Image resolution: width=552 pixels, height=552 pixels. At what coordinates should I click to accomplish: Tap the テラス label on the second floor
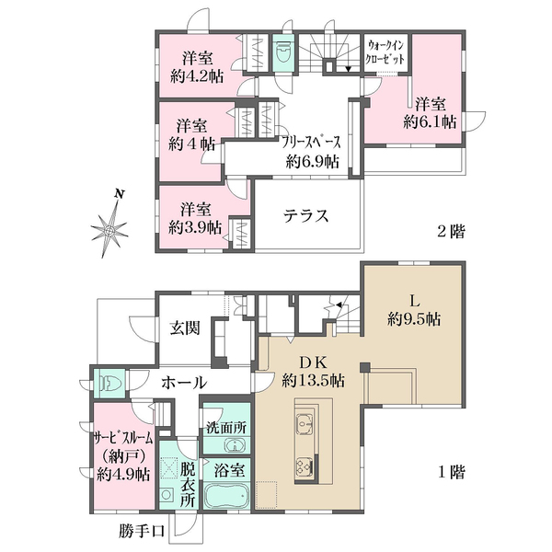(x=306, y=215)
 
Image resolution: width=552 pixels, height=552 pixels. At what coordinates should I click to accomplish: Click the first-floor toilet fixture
(x=110, y=383)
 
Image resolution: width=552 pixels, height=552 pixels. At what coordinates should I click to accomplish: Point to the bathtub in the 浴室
(x=226, y=494)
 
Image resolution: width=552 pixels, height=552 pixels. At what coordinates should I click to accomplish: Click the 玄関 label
(x=185, y=328)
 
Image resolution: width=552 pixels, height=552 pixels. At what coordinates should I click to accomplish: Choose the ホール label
(x=184, y=383)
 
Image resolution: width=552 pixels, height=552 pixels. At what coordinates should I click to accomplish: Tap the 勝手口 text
(x=142, y=531)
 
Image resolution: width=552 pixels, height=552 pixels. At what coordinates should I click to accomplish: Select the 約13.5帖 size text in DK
(x=313, y=380)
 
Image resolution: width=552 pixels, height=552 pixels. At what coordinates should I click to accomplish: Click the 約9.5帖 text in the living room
(x=414, y=319)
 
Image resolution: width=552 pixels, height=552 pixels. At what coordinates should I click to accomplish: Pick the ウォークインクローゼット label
(x=385, y=52)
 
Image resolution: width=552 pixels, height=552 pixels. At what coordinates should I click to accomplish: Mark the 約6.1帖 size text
(x=430, y=121)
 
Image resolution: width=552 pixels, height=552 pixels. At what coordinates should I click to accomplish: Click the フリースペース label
(x=312, y=143)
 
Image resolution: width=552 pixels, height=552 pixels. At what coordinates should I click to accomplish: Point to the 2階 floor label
(x=451, y=231)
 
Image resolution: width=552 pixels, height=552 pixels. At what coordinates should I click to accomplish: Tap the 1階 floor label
(x=452, y=472)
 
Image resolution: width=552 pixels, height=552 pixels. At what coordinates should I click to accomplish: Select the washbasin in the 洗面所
(x=234, y=445)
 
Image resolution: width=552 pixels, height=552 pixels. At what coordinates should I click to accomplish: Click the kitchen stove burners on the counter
(x=305, y=466)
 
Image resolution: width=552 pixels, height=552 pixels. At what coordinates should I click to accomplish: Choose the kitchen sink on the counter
(x=305, y=422)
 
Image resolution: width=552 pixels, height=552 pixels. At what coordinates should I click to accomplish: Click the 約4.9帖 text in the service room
(x=123, y=475)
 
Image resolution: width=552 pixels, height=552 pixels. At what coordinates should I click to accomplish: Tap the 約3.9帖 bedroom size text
(x=195, y=227)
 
